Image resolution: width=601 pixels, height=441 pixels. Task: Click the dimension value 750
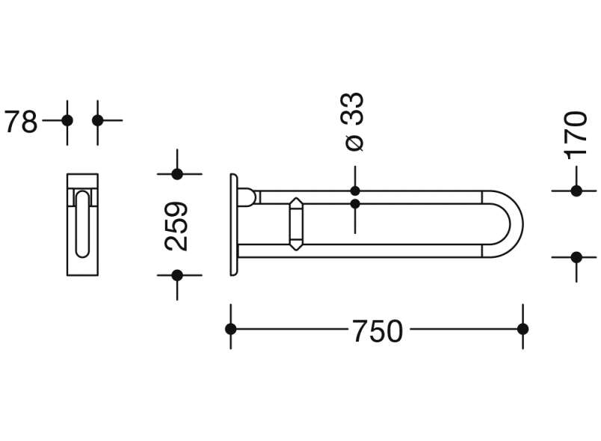coord(377,331)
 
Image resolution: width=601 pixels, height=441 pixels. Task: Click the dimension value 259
coord(177,226)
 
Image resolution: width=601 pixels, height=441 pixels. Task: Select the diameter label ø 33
coord(354,122)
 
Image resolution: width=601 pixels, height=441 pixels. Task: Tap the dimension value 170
coord(576,135)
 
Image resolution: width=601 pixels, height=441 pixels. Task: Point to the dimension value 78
coord(20,122)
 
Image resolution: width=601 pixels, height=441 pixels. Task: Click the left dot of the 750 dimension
coord(231,329)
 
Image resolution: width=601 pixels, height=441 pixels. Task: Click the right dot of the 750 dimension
coord(523,329)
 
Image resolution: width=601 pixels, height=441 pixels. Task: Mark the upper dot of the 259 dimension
coord(177,174)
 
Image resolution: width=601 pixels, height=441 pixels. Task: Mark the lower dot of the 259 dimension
coord(177,275)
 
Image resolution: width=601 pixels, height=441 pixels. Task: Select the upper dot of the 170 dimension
coord(576,191)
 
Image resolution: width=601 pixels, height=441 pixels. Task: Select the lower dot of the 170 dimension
coord(576,257)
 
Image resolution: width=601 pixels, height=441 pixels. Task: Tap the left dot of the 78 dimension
coord(67,120)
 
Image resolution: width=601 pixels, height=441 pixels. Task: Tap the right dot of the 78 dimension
coord(97,120)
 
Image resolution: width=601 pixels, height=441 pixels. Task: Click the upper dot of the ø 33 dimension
coord(355,191)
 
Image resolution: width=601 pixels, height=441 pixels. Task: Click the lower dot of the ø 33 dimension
coord(355,203)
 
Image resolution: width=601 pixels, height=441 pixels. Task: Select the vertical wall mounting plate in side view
coord(234,224)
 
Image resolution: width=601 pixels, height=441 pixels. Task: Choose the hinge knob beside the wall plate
coord(248,197)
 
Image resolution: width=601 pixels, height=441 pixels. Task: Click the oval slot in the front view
coord(82,223)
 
